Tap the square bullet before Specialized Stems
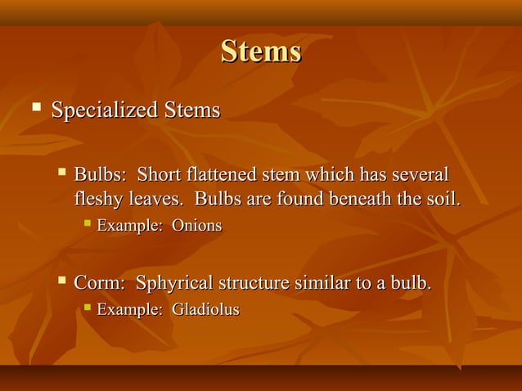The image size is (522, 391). tap(35, 106)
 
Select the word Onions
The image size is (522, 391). tap(196, 225)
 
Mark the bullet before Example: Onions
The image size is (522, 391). tap(87, 223)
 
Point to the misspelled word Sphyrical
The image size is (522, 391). tap(173, 285)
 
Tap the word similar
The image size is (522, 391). tap(325, 284)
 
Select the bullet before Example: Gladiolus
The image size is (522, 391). tap(87, 308)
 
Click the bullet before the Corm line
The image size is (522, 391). tap(62, 282)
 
